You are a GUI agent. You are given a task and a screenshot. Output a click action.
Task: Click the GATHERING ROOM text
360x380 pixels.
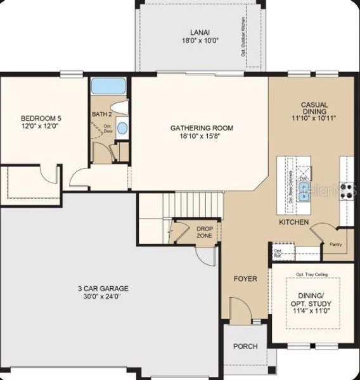(202, 129)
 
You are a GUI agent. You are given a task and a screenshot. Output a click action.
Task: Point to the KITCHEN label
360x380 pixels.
(294, 222)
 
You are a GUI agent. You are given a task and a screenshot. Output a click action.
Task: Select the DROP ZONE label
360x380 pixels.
(205, 232)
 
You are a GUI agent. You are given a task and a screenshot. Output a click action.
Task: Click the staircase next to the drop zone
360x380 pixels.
(193, 205)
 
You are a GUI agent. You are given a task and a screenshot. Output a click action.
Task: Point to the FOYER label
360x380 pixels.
(245, 279)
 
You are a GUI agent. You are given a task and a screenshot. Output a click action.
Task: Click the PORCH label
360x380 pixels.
(245, 346)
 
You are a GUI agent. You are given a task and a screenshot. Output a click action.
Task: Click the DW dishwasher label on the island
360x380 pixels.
(303, 179)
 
